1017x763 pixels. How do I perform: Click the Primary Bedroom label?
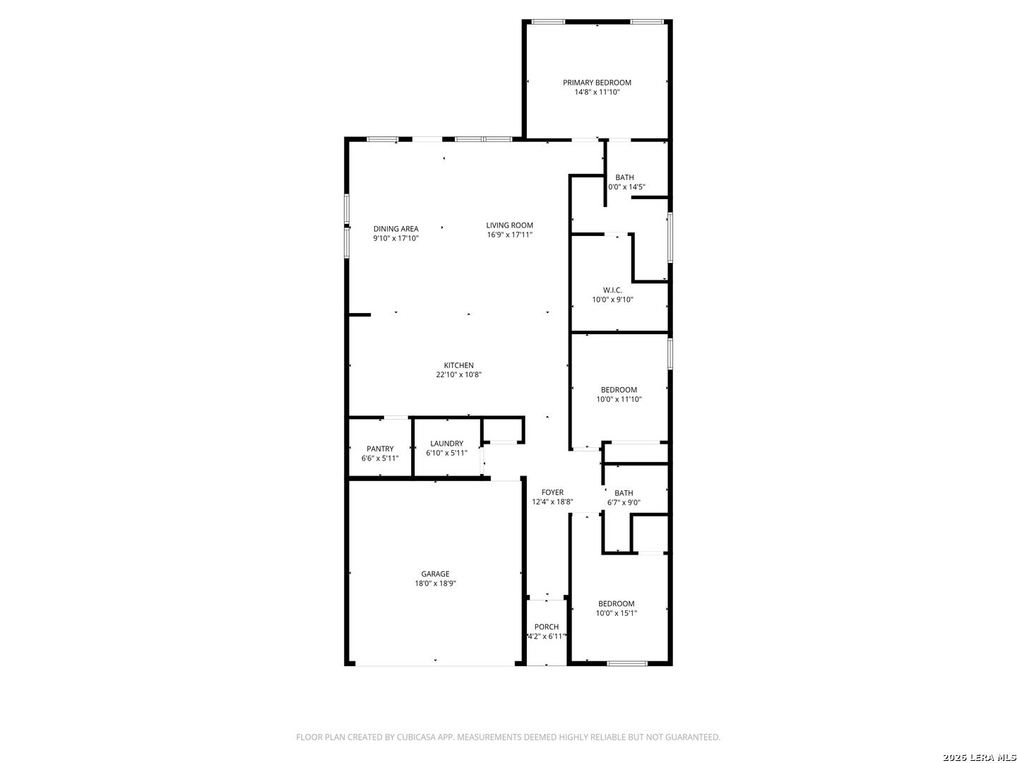click(597, 83)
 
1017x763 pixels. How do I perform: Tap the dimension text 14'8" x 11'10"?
click(597, 92)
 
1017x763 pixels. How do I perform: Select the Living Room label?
click(509, 225)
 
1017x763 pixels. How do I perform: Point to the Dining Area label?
click(395, 229)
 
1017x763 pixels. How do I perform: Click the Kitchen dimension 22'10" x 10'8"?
click(458, 375)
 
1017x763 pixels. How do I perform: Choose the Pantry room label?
click(380, 449)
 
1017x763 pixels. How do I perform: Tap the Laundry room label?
click(446, 444)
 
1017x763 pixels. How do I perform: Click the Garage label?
click(435, 574)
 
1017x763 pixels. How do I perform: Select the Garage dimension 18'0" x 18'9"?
click(435, 584)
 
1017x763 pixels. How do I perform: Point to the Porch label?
click(547, 627)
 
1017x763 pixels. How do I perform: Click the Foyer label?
click(552, 492)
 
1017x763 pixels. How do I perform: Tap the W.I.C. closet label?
click(612, 290)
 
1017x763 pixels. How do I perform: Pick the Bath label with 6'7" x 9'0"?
click(624, 493)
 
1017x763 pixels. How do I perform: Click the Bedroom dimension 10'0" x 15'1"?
click(616, 613)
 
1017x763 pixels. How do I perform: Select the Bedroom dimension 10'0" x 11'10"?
click(619, 399)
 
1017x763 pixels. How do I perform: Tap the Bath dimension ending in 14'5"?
click(627, 187)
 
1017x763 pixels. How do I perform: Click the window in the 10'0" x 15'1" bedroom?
click(627, 663)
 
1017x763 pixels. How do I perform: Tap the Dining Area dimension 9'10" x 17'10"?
click(395, 239)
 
